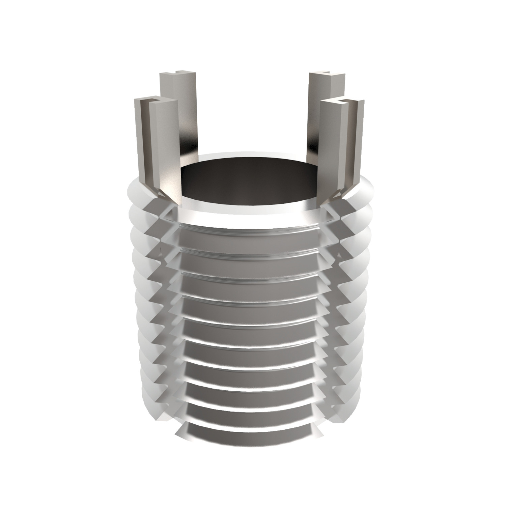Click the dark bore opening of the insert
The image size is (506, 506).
[250, 182]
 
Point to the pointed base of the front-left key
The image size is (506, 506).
[169, 199]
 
